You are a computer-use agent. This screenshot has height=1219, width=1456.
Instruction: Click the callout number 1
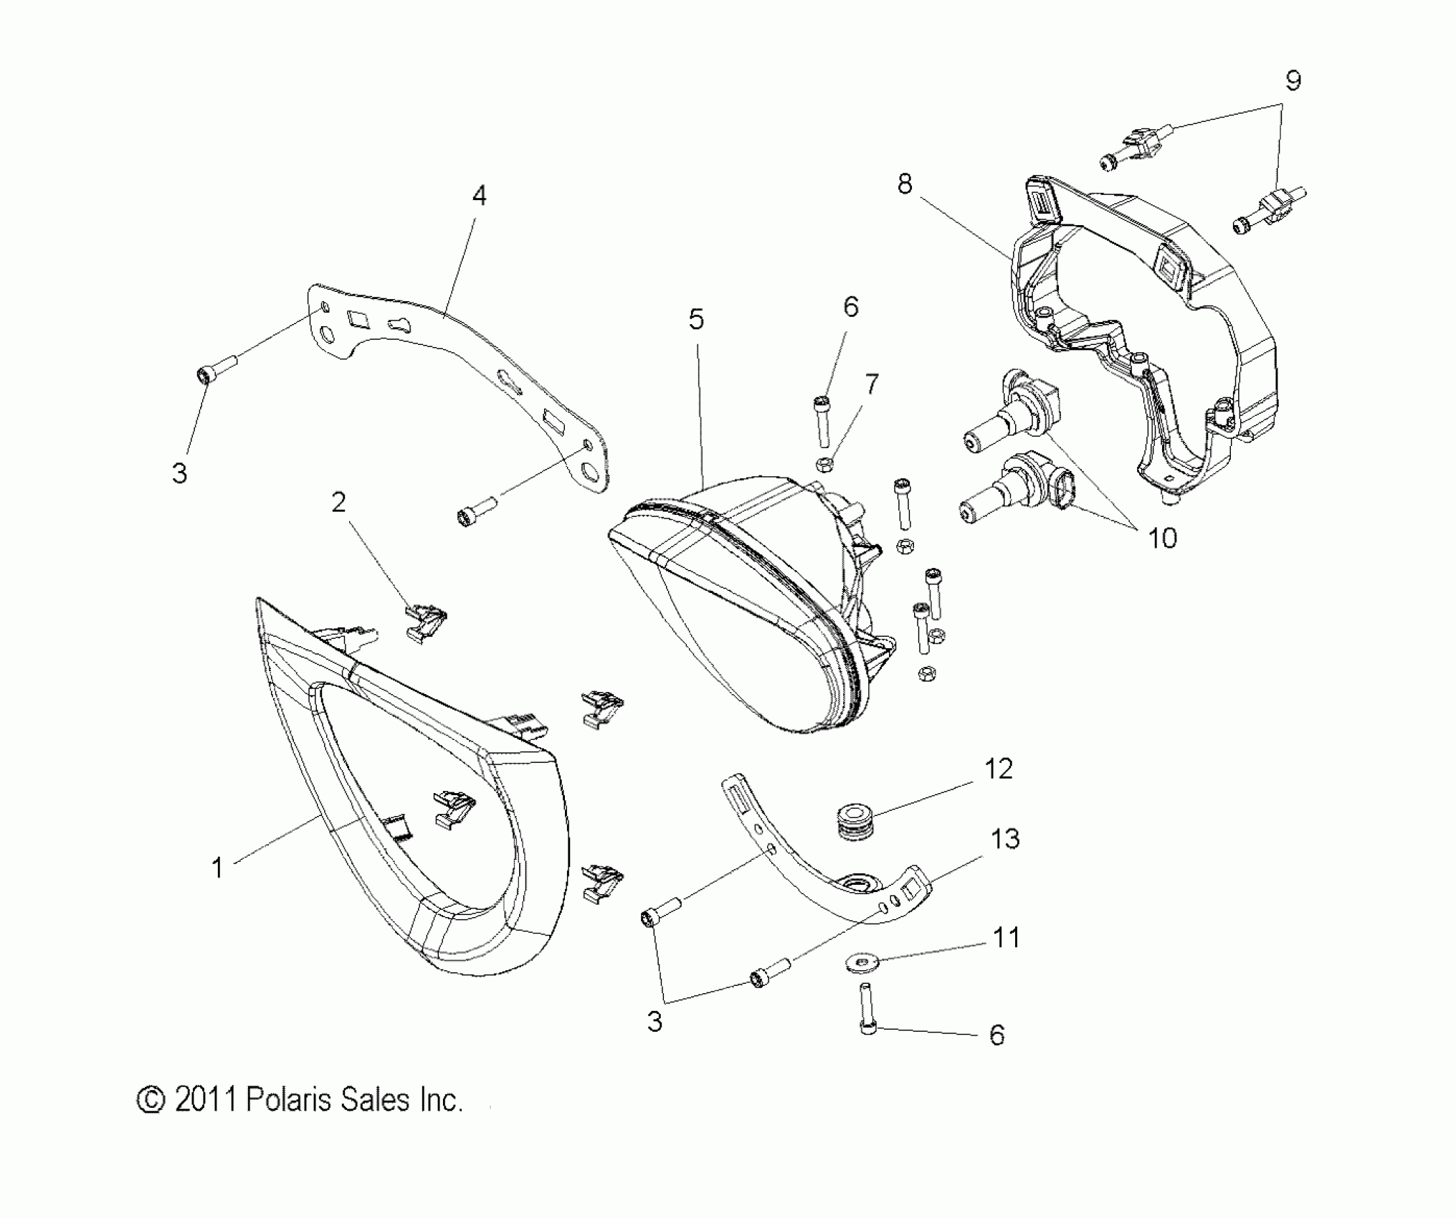click(x=217, y=868)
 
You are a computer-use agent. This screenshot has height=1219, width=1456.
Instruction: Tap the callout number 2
click(x=338, y=502)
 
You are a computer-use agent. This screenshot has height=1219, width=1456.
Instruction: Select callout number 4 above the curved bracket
click(x=480, y=195)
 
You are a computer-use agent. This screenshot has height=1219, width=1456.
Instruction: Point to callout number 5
click(x=696, y=319)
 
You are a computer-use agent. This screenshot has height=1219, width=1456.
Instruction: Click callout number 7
click(x=871, y=385)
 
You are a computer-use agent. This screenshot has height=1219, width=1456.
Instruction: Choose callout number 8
click(x=905, y=184)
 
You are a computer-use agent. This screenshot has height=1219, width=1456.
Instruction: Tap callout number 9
click(x=1293, y=81)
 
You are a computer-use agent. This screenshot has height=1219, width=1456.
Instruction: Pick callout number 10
click(x=1162, y=538)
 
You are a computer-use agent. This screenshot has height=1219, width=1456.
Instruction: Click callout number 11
click(x=1007, y=937)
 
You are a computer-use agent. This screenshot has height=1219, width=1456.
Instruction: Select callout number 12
click(x=999, y=769)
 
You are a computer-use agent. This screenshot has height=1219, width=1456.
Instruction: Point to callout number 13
click(x=1005, y=838)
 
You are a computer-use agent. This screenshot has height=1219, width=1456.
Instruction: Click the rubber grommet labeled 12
click(x=852, y=822)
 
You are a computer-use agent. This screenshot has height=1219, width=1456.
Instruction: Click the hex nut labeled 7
click(x=824, y=464)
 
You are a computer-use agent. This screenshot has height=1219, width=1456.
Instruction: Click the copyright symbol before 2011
click(x=151, y=1100)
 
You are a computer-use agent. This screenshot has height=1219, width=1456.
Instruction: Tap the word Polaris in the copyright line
click(x=289, y=1100)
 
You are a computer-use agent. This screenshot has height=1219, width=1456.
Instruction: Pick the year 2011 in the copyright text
click(x=206, y=1100)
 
